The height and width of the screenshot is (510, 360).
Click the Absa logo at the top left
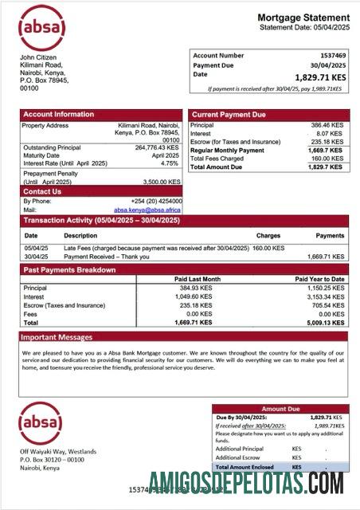[x=42, y=28]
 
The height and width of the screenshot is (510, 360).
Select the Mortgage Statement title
[x=303, y=18]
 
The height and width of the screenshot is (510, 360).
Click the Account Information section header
[x=58, y=114]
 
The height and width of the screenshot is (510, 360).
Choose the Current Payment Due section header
[x=229, y=115]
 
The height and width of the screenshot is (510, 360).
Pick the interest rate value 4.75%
[x=169, y=163]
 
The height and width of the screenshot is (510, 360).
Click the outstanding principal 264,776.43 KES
[x=156, y=147]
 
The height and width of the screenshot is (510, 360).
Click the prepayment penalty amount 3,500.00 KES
[x=159, y=182]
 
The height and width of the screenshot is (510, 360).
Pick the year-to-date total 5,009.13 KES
[x=327, y=324]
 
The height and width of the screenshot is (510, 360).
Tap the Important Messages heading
[x=57, y=337]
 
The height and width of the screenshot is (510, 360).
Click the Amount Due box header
[x=280, y=409]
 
